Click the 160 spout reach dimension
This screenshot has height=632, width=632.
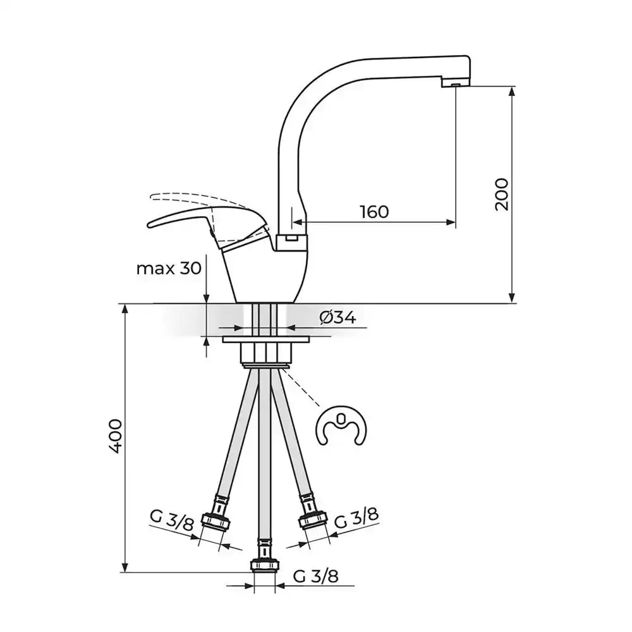pyautogui.click(x=374, y=212)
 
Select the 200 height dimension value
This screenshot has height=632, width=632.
pyautogui.click(x=502, y=194)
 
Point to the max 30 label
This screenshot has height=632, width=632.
pyautogui.click(x=169, y=268)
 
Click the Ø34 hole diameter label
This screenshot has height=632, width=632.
pyautogui.click(x=337, y=318)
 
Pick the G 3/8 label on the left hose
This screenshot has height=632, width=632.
pyautogui.click(x=172, y=520)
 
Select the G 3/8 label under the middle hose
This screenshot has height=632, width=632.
pyautogui.click(x=315, y=577)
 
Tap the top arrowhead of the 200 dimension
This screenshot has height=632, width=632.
pyautogui.click(x=512, y=90)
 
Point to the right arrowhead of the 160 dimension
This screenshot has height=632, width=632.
pyautogui.click(x=451, y=222)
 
